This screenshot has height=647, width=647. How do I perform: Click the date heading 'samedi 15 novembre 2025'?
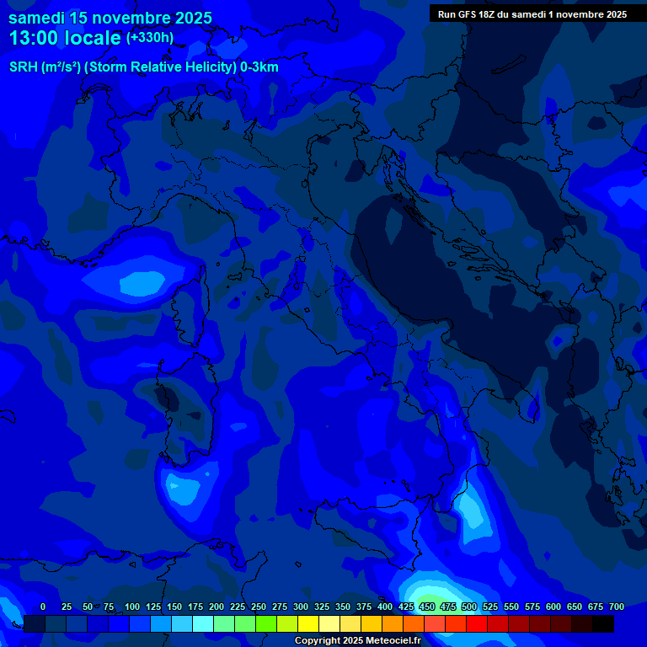coord(110,18)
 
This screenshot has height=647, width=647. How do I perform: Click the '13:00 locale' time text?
coord(66,38)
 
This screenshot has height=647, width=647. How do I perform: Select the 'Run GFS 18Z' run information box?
coord(532,14)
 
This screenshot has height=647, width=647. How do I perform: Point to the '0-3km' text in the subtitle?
coord(259,67)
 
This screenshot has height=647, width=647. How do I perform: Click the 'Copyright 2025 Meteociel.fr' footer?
coord(357,640)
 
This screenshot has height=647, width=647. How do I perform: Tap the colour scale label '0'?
coord(43,607)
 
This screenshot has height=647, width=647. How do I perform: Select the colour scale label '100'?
coord(132,607)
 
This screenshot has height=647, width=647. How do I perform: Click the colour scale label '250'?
coord(259,607)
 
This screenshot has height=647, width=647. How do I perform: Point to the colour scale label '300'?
coord(301,607)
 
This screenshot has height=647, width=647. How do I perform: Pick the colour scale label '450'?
coord(427,607)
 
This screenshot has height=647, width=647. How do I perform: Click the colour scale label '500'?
coord(469,607)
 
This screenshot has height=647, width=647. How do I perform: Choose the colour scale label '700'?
coord(617,607)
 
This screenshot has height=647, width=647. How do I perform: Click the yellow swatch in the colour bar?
coord(308,623)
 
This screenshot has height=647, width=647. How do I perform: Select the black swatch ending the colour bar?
coord(603,623)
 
